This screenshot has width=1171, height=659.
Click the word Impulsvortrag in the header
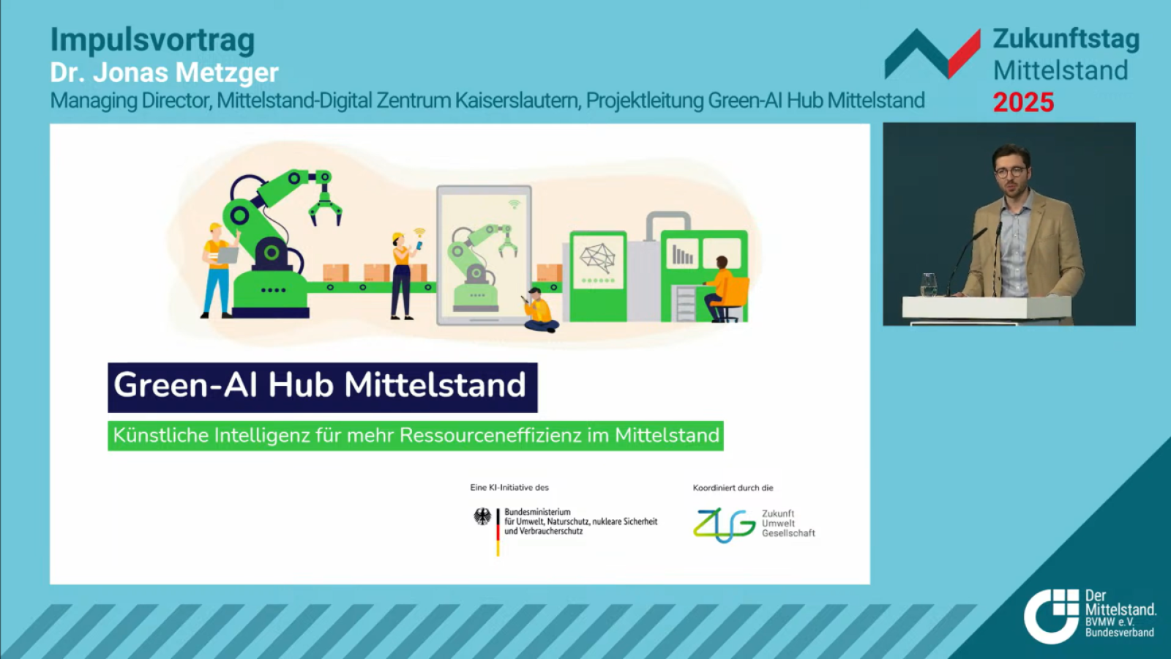(x=153, y=40)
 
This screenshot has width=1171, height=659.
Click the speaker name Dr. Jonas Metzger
(x=164, y=72)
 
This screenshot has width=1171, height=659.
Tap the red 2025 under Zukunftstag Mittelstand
(x=1023, y=103)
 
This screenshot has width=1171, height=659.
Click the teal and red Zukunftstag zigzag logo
(x=932, y=54)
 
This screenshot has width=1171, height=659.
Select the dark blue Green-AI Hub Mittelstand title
(x=323, y=387)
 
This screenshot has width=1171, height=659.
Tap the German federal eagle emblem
(x=482, y=517)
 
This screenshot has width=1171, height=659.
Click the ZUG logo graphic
(x=724, y=524)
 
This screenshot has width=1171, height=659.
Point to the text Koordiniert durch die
(x=733, y=488)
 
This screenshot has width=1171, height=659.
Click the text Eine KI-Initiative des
(x=509, y=488)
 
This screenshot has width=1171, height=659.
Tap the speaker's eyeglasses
(x=1009, y=172)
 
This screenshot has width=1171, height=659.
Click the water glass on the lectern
(x=929, y=285)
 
